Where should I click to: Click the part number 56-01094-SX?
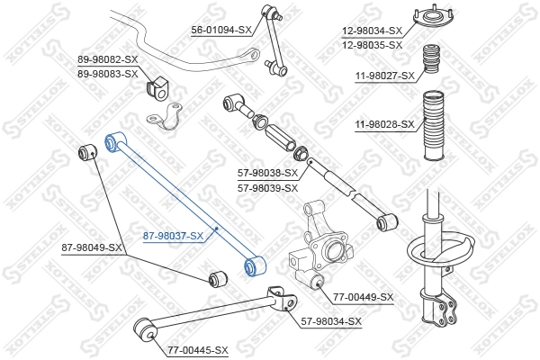(x=220, y=30)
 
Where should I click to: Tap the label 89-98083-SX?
(x=107, y=73)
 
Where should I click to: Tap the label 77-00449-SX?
(x=364, y=296)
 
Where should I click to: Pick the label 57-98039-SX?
(x=267, y=188)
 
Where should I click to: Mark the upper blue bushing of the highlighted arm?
(x=113, y=141)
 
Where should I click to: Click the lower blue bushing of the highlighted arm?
(x=254, y=265)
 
